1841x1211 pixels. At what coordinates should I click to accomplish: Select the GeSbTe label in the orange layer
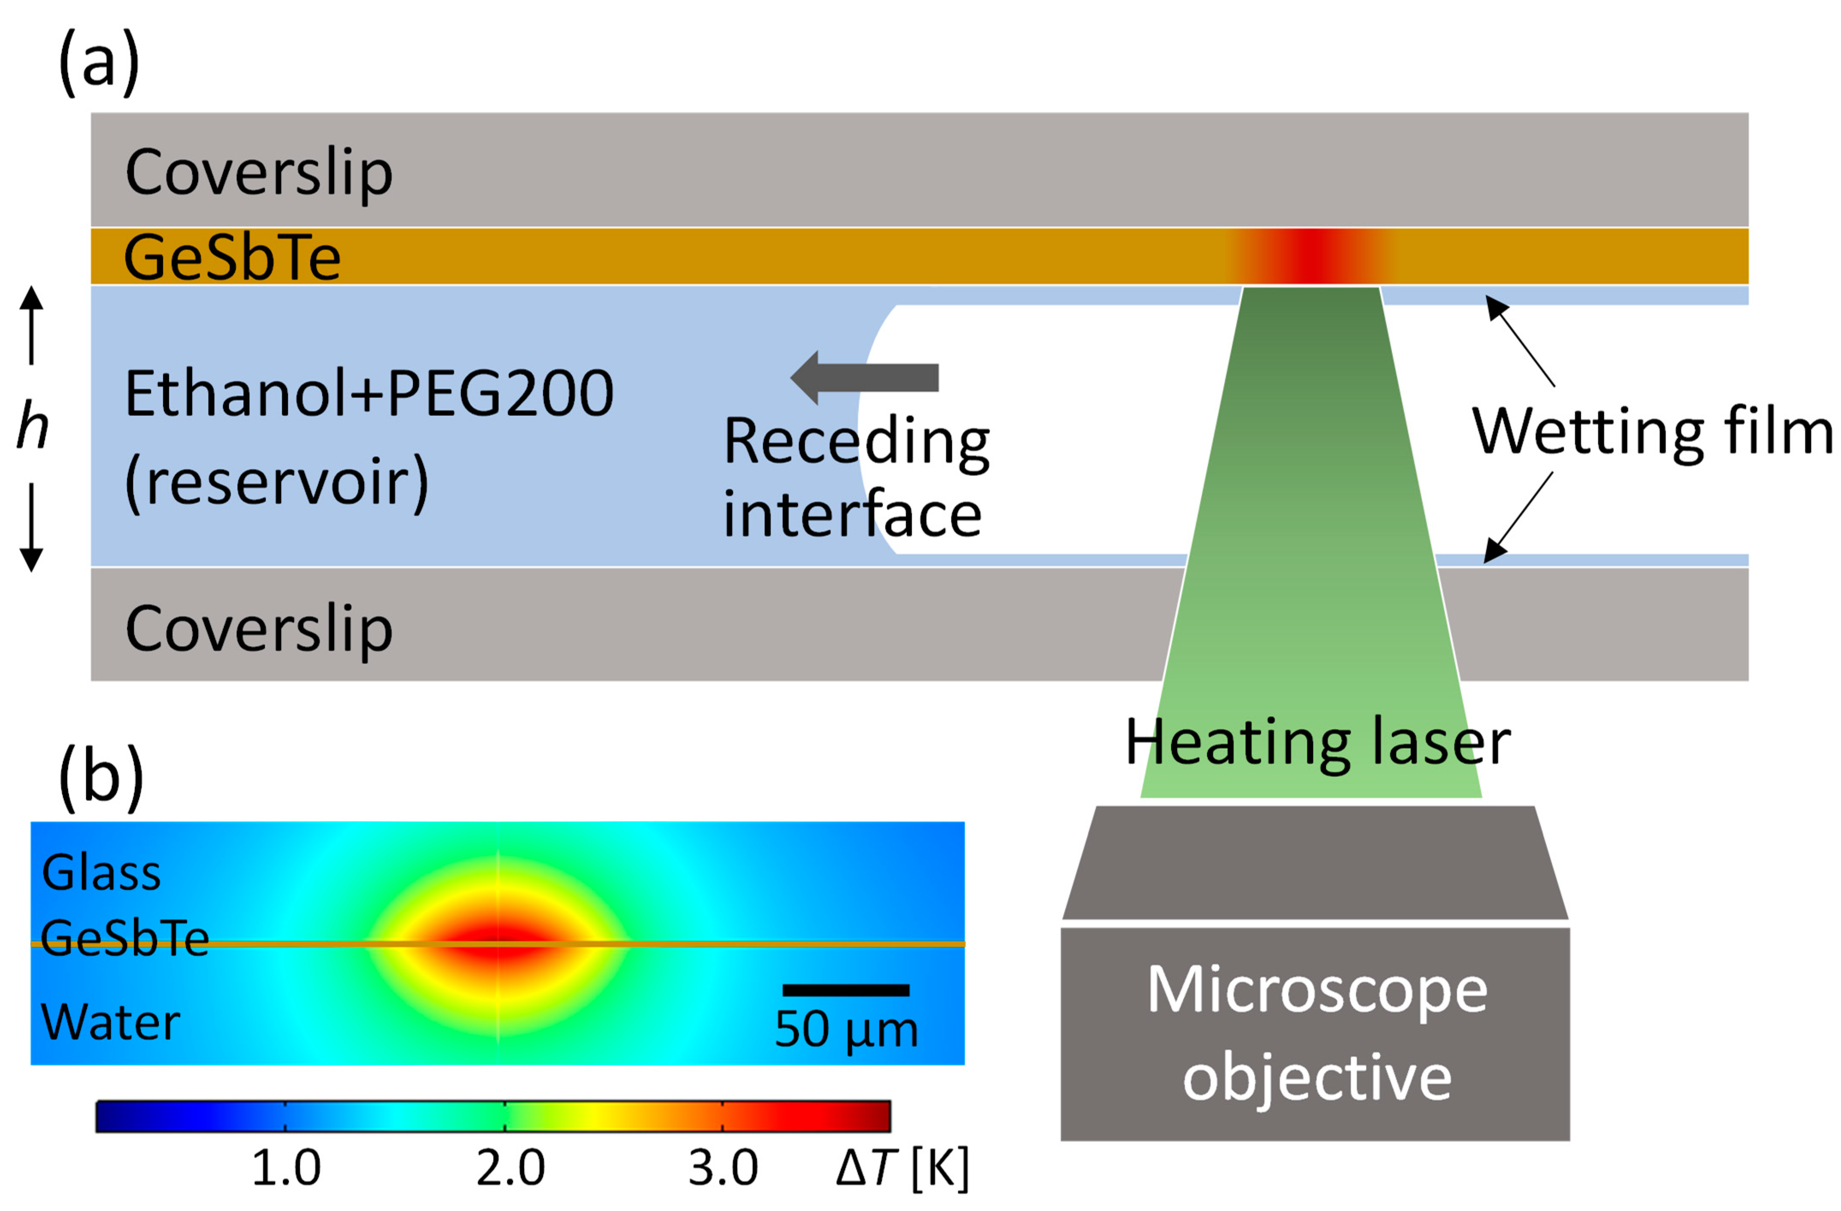232,257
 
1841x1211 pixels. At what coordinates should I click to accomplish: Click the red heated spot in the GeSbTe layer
1313,256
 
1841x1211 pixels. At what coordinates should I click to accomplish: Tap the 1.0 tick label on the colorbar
286,1168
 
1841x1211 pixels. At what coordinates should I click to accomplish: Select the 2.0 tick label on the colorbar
510,1168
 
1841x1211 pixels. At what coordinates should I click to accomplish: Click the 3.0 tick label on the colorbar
723,1168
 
